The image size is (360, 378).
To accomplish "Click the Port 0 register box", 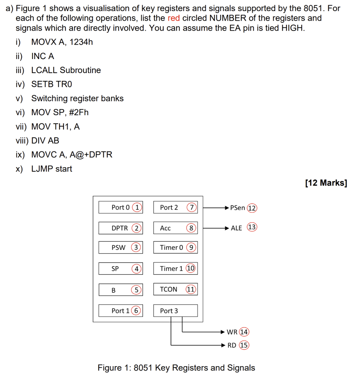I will click(120, 207).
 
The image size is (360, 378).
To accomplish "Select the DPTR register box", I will click(120, 228).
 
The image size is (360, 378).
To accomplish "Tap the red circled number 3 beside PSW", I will click(136, 248).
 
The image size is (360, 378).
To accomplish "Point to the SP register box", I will click(120, 269).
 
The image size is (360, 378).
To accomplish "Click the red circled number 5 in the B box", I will click(136, 290).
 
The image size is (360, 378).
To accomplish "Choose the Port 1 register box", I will click(120, 311).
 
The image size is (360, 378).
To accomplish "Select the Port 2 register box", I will click(175, 207).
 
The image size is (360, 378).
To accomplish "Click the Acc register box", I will click(175, 228).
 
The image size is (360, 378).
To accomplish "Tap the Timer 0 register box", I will click(175, 248).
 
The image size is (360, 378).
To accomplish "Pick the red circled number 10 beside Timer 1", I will click(191, 268).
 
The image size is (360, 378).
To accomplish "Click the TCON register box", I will click(175, 289).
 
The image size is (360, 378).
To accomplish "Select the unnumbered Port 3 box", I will click(175, 311).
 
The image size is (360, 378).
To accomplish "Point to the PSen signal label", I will click(237, 208).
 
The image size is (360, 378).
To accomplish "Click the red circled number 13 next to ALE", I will click(252, 227).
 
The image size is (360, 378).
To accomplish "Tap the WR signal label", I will click(232, 332).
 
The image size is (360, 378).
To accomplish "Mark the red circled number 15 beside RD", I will click(244, 346).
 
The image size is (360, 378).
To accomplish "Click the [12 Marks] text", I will click(326, 183).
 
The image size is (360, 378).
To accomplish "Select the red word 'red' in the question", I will click(174, 18).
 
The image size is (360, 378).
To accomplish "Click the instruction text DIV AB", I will click(45, 141).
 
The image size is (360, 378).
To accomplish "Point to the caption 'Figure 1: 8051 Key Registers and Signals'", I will click(176, 368).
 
